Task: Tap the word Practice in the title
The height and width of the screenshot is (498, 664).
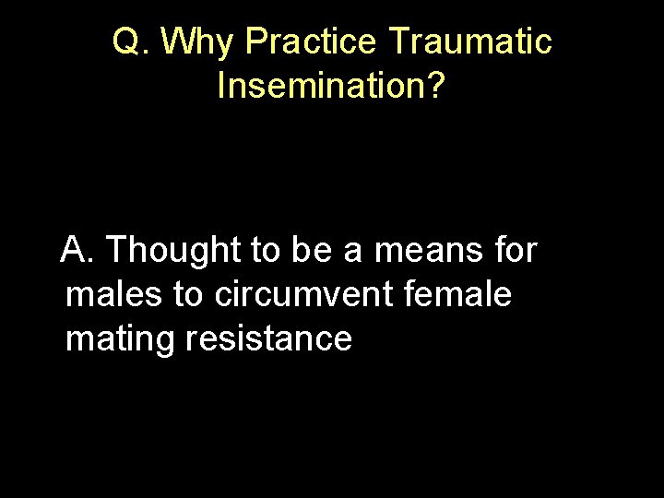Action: click(x=313, y=41)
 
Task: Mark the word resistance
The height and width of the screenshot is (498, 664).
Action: click(x=268, y=338)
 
